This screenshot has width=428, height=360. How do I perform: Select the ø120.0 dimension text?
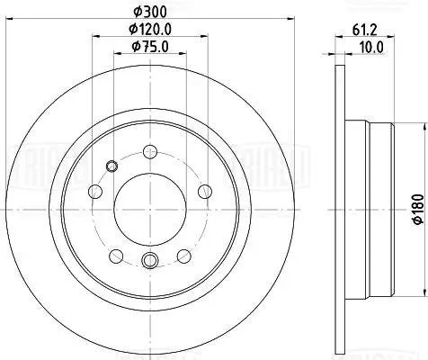(x=150, y=30)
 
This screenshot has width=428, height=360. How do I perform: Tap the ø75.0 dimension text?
(x=150, y=48)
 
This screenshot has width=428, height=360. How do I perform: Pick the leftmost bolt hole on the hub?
(x=95, y=191)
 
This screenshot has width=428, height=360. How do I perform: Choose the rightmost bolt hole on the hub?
(x=205, y=191)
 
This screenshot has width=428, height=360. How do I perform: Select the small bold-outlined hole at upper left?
(x=111, y=165)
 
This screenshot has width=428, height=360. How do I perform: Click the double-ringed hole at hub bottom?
(x=150, y=261)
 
